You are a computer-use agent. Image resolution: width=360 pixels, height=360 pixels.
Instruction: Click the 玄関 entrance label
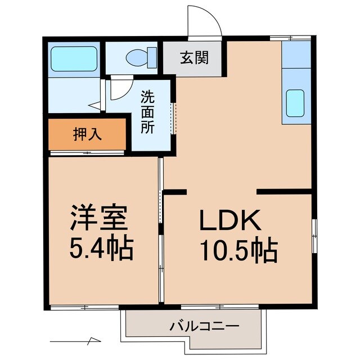pos(194,58)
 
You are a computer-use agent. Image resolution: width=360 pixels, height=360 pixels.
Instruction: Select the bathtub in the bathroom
pos(74,58)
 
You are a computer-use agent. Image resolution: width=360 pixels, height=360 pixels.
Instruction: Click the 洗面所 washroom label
pos(148,111)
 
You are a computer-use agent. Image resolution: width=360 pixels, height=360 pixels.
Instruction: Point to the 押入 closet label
pos(87,135)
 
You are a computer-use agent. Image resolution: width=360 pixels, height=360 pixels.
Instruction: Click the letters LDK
pos(229,221)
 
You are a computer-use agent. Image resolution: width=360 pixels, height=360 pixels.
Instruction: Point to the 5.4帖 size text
pos(101,247)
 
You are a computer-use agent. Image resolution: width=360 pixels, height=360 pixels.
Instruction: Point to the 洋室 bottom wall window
pos(84,307)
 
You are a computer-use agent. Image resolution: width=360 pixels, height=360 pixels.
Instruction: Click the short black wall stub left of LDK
pos(174,193)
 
